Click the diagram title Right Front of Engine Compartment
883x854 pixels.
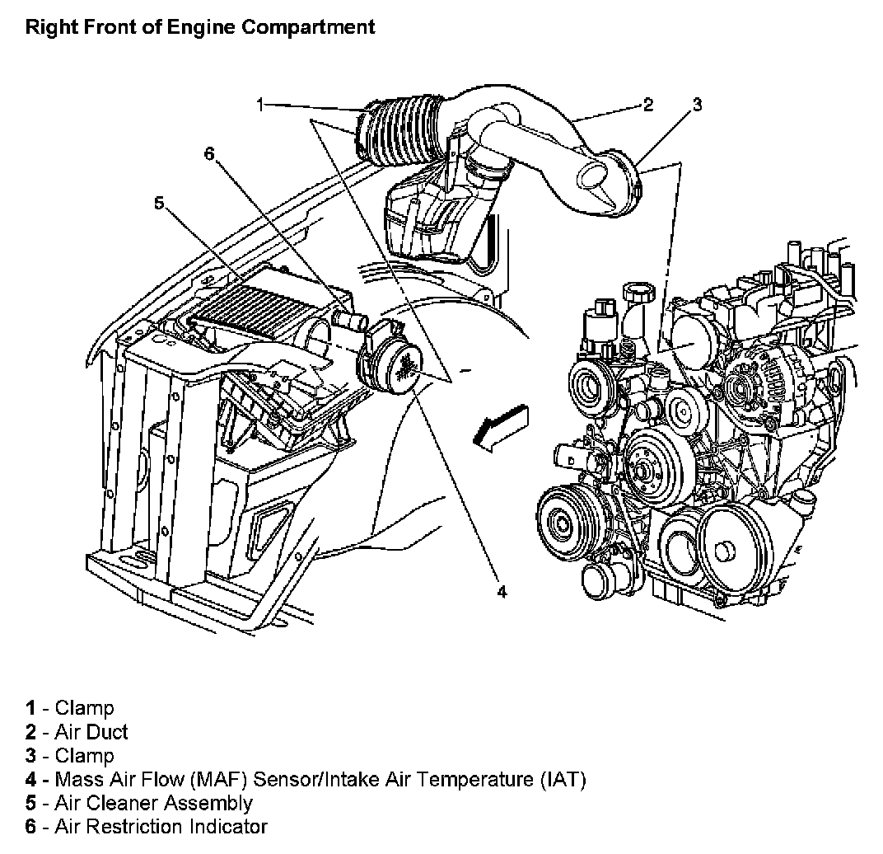[200, 26]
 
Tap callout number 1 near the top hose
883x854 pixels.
[260, 105]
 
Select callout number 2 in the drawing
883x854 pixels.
[648, 105]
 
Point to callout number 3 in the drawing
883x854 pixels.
[697, 105]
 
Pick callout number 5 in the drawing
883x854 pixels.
[159, 202]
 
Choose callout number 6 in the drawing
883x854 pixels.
[209, 153]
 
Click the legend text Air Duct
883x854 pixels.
[91, 731]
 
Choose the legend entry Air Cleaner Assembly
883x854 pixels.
[153, 802]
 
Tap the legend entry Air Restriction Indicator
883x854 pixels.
[161, 826]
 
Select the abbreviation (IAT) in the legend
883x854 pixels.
[563, 779]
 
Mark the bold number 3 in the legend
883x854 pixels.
[30, 755]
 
